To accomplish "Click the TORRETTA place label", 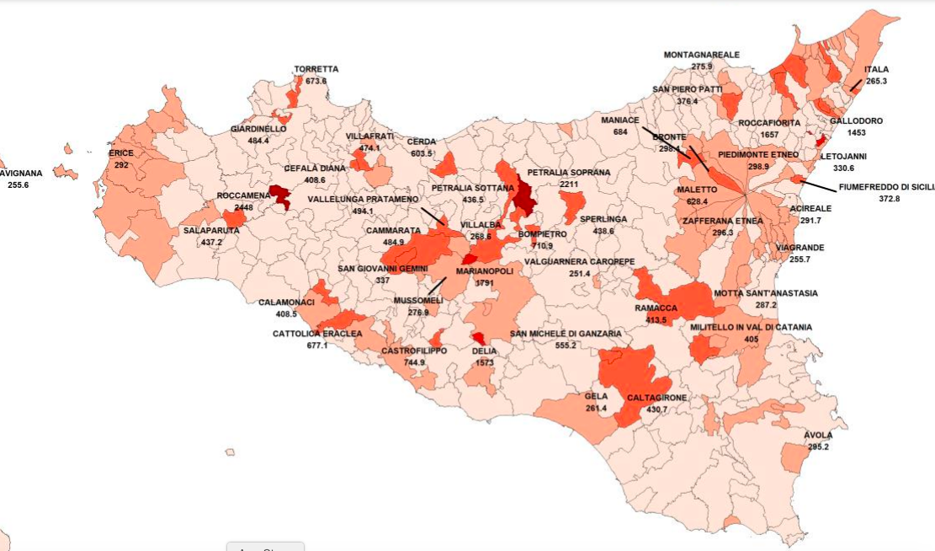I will (x=316, y=69).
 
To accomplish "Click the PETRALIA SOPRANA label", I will (x=568, y=172).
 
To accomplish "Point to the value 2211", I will (x=569, y=184).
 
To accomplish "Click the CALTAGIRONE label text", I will (x=656, y=398).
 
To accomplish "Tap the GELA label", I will (x=596, y=396).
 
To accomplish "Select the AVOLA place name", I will (x=817, y=436).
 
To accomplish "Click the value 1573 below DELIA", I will (x=485, y=362).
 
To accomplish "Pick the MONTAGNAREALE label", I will (x=701, y=55).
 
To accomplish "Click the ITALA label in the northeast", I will (x=876, y=70).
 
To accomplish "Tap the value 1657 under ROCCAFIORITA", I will (x=769, y=135).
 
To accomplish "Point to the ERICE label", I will (x=121, y=154).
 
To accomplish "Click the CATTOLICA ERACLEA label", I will (x=317, y=334).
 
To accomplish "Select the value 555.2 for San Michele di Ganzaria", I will (x=566, y=345).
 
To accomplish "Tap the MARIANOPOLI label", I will (x=484, y=272).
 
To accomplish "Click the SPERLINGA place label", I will (x=603, y=219).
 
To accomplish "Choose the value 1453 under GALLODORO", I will (x=856, y=133).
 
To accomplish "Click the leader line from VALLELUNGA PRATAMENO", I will (x=434, y=217).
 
